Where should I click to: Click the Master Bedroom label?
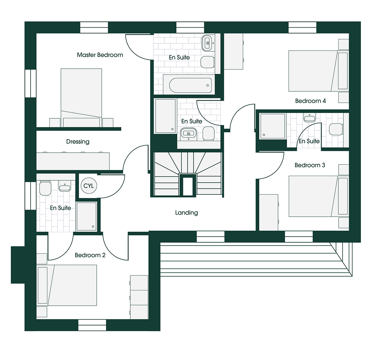[x=100, y=55]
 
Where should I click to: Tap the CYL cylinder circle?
[x=89, y=186]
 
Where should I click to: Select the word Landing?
[x=186, y=213]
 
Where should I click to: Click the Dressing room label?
[x=78, y=142]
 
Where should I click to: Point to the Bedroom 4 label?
[x=310, y=101]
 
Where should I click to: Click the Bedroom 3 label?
[x=310, y=165]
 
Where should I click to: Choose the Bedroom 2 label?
[x=90, y=255]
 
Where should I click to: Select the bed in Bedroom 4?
[x=318, y=71]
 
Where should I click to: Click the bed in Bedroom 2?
[x=67, y=285]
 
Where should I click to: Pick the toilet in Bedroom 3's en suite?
[x=336, y=129]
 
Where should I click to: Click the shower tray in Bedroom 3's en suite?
[x=273, y=126]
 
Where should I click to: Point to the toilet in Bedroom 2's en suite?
[x=45, y=188]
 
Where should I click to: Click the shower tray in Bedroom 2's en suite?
[x=86, y=216]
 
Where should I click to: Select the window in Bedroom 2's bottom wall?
[x=92, y=325]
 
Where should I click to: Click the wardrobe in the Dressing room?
[x=73, y=161]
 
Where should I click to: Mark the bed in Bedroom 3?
[x=318, y=196]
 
